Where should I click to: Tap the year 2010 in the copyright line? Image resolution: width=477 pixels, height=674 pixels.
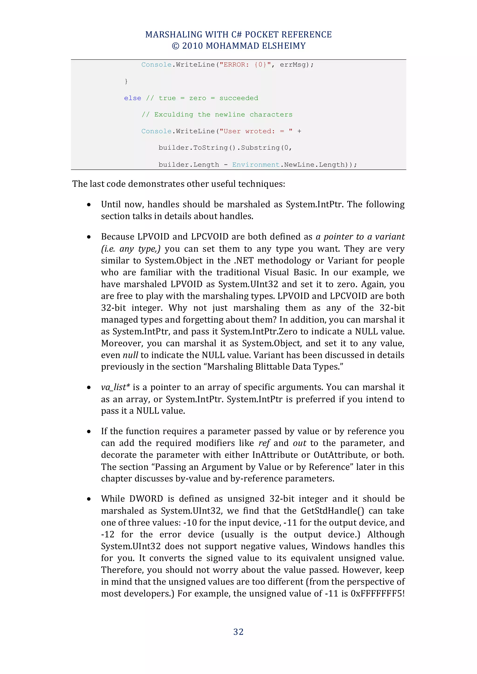pos(192,46)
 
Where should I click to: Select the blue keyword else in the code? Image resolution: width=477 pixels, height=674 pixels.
pos(133,98)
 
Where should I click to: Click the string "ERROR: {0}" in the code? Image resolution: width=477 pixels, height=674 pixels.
pos(245,64)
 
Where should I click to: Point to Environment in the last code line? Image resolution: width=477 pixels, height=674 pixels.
pos(256,165)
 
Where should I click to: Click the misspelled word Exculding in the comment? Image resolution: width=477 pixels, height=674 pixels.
pos(174,115)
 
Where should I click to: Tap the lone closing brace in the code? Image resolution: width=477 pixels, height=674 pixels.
pos(126,81)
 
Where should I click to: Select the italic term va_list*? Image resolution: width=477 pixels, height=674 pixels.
pos(115,387)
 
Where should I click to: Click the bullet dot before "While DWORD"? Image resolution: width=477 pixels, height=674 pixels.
pos(89,499)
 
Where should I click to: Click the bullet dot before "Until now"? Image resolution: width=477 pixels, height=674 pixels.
pos(89,205)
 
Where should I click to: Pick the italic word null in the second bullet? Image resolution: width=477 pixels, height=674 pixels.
pos(130,355)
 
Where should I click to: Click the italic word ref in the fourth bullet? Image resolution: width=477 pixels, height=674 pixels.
pos(264,443)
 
